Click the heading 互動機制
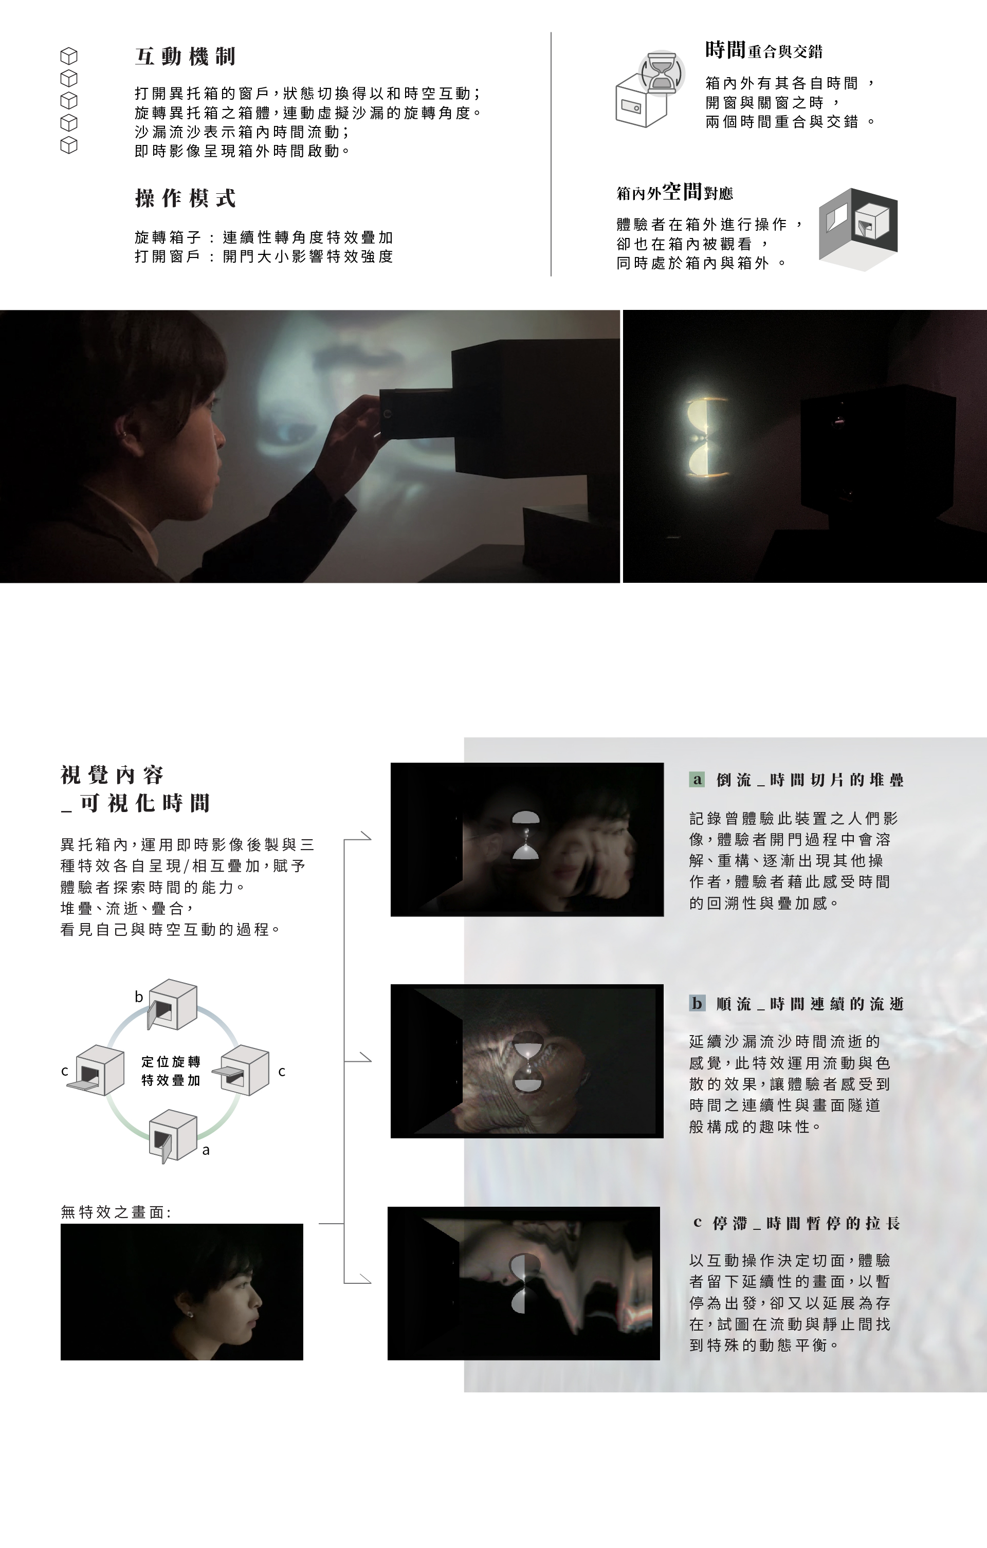click(x=185, y=57)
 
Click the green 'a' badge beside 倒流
click(x=697, y=780)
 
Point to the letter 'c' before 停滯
click(x=697, y=1223)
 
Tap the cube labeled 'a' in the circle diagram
click(x=172, y=1135)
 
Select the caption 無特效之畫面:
click(x=116, y=1212)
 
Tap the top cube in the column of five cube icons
click(x=69, y=57)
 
